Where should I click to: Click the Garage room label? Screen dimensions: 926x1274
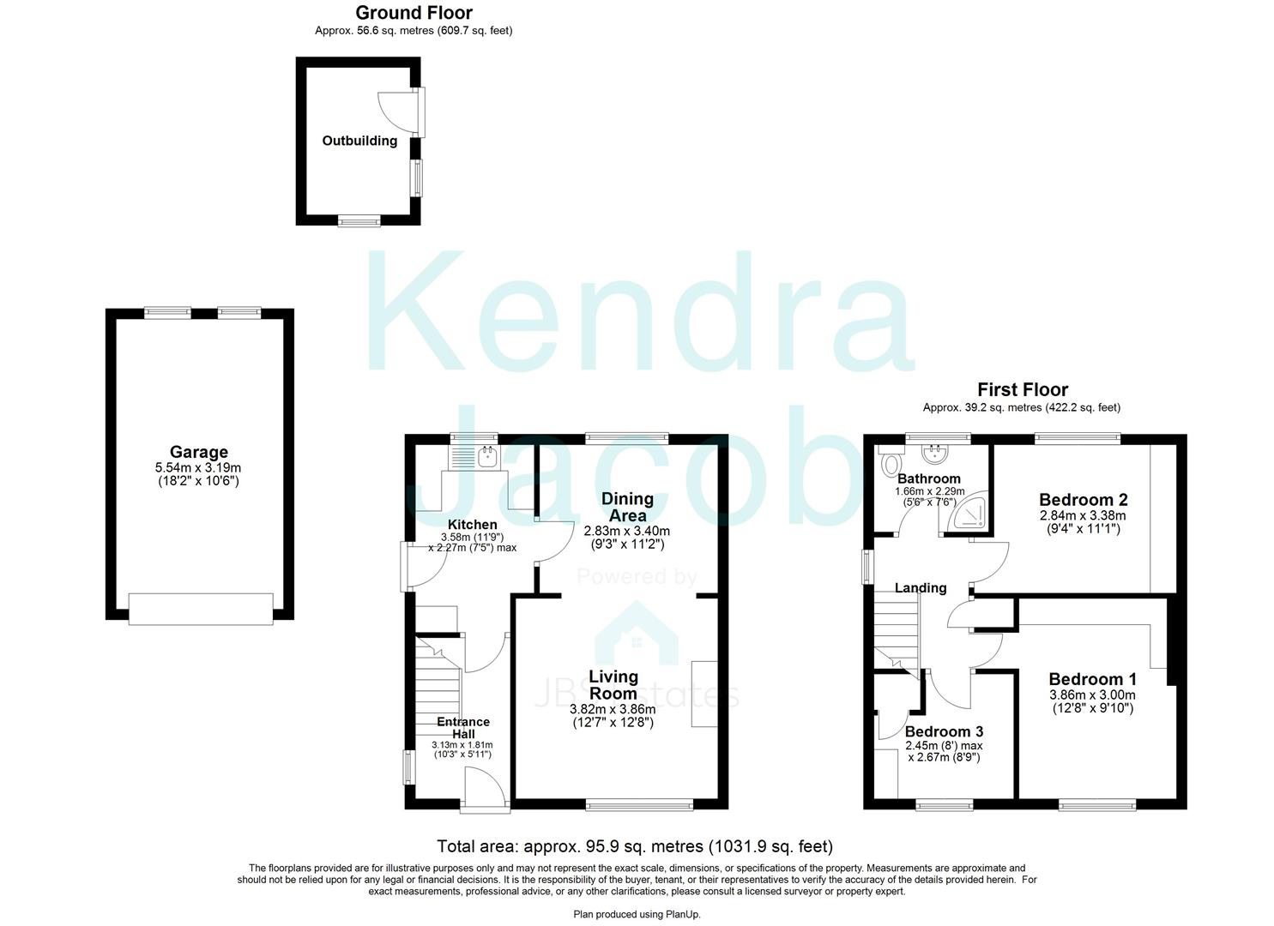(x=198, y=452)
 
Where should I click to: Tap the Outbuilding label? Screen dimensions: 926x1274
(x=359, y=141)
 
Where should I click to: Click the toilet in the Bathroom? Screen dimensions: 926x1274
(x=890, y=462)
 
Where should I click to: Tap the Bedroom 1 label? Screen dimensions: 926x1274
(x=1092, y=679)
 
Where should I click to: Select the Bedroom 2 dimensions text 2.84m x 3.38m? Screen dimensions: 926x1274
(x=1083, y=515)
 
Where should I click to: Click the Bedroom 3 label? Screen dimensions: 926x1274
(x=944, y=731)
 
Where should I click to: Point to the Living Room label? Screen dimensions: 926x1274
(x=613, y=684)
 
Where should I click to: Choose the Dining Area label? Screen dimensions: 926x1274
(x=627, y=506)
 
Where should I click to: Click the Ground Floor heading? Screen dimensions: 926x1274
(x=414, y=12)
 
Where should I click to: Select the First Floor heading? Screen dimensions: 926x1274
(x=1023, y=390)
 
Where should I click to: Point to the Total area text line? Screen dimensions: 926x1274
(x=635, y=846)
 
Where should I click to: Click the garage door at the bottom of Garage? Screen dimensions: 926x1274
(x=201, y=608)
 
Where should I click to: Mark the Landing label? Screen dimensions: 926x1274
(x=921, y=587)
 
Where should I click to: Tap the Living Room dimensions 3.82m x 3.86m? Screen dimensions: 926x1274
(x=613, y=709)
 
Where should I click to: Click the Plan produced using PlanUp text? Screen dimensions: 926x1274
(x=637, y=914)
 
